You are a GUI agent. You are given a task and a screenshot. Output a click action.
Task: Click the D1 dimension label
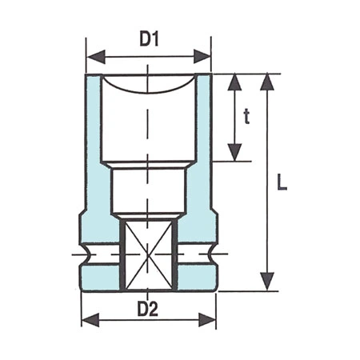click(149, 39)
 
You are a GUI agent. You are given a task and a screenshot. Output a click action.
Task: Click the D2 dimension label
click(147, 308)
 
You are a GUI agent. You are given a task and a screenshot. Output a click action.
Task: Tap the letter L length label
click(282, 182)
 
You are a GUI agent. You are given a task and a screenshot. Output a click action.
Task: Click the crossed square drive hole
click(147, 254)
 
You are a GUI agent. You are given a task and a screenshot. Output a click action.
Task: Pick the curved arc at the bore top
click(149, 89)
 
